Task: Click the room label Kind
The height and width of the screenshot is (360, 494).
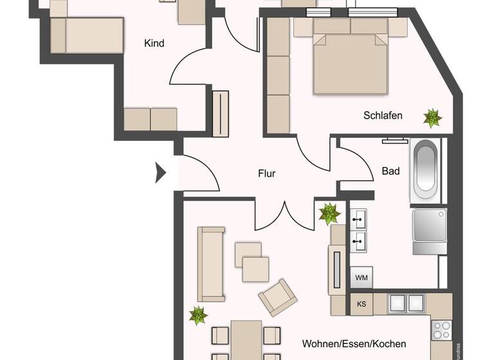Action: tap(154, 44)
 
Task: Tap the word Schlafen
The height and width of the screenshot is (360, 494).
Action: tap(383, 116)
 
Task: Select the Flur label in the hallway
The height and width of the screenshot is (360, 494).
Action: tap(266, 173)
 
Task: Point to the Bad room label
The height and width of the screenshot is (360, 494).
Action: tap(390, 171)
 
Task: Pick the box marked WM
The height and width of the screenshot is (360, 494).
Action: tap(361, 278)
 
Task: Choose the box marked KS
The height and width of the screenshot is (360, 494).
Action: tap(361, 304)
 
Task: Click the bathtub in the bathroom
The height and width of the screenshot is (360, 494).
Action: tap(425, 169)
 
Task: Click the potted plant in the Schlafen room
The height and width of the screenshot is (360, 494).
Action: tap(432, 118)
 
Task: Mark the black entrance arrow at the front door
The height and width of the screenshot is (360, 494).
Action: tap(161, 173)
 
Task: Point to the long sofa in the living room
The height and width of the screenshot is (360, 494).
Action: tap(211, 264)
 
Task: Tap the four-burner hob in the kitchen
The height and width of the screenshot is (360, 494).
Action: tap(441, 330)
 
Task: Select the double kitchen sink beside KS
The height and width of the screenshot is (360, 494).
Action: tap(407, 304)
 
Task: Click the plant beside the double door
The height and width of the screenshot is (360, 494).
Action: tap(330, 213)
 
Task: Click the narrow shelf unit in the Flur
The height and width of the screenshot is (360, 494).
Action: tap(221, 113)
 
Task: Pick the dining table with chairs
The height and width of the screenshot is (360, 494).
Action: tap(246, 341)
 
